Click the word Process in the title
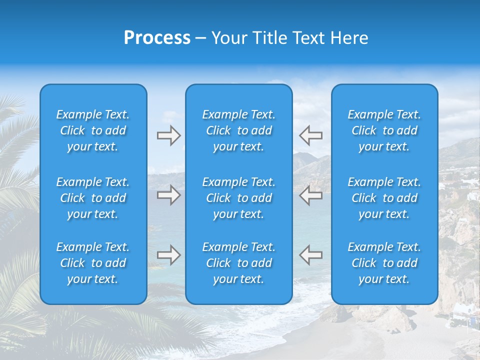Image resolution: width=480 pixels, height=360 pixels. click(157, 38)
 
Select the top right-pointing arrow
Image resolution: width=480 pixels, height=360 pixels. click(168, 135)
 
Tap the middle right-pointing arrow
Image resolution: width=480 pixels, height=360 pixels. click(168, 195)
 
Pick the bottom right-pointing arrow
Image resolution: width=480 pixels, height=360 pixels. click(168, 255)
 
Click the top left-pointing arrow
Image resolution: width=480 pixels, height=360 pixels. click(310, 135)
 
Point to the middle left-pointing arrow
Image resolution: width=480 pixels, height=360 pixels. click(310, 195)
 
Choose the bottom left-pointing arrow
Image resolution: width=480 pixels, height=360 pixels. click(310, 255)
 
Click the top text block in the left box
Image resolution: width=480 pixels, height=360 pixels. click(93, 130)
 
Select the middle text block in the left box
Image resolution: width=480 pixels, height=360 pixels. click(93, 198)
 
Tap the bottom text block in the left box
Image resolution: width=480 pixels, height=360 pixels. click(93, 263)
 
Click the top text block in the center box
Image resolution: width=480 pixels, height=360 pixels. click(239, 130)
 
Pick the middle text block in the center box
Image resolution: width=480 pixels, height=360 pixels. click(239, 198)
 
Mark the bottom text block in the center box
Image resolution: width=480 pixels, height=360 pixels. click(239, 263)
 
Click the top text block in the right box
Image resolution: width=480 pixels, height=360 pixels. click(384, 130)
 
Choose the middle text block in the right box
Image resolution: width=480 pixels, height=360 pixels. click(384, 198)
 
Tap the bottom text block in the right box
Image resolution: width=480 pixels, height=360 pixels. click(384, 263)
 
